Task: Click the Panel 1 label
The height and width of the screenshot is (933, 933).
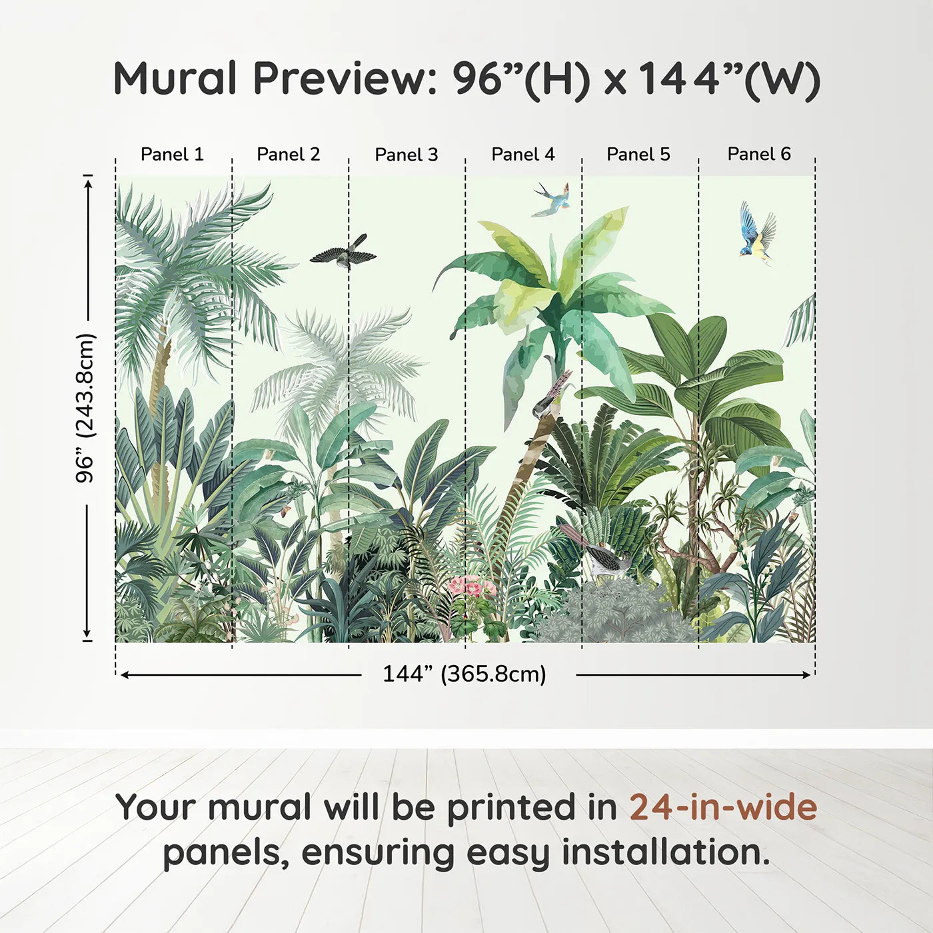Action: [x=172, y=155]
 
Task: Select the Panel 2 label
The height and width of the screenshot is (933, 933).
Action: [x=288, y=155]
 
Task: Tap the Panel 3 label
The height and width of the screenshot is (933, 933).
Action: [x=407, y=155]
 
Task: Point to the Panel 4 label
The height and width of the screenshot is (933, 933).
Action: [x=523, y=155]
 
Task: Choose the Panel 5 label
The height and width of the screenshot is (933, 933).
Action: [x=638, y=155]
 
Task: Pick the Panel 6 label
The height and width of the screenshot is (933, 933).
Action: [x=758, y=154]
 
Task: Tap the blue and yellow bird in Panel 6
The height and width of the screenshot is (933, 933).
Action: [x=757, y=233]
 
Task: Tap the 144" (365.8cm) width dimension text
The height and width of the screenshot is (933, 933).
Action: [x=465, y=674]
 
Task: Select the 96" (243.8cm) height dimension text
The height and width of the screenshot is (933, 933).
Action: [x=85, y=408]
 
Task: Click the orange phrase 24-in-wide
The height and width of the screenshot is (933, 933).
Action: [x=723, y=806]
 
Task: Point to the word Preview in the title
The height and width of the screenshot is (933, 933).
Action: [x=345, y=79]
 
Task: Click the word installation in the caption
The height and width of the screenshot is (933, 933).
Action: [x=666, y=852]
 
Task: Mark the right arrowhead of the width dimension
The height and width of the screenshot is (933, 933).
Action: [x=806, y=674]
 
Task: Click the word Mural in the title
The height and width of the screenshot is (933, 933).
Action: [x=175, y=79]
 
